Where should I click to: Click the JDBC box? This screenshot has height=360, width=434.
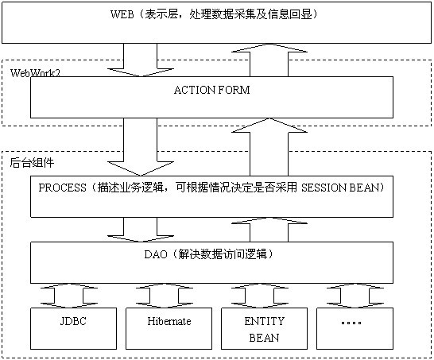[73, 328]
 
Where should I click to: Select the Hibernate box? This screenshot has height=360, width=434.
[169, 328]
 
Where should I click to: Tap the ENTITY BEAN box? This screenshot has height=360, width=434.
[265, 328]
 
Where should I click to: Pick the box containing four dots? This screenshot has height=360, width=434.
[355, 328]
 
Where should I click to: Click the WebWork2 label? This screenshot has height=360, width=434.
[35, 73]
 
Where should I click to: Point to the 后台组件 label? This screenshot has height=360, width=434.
[32, 163]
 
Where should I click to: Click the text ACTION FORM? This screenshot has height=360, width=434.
[211, 90]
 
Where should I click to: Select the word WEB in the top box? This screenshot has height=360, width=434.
[122, 14]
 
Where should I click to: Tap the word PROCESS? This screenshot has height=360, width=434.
[62, 188]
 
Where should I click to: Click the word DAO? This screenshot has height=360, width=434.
[156, 254]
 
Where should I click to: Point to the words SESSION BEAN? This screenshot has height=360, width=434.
[340, 188]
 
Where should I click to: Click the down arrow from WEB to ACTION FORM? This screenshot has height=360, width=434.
[141, 60]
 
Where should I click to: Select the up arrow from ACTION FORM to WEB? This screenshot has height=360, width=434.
[269, 60]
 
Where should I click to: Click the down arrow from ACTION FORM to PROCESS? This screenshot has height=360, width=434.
[141, 147]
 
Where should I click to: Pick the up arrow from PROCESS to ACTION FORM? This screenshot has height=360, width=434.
[269, 147]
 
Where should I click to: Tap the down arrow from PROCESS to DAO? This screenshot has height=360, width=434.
[141, 230]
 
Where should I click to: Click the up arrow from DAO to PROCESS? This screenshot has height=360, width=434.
[269, 230]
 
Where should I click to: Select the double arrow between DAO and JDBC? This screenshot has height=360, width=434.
[68, 296]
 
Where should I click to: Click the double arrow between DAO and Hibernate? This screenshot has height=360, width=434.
[164, 296]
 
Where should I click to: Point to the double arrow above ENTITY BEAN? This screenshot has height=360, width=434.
[260, 296]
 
